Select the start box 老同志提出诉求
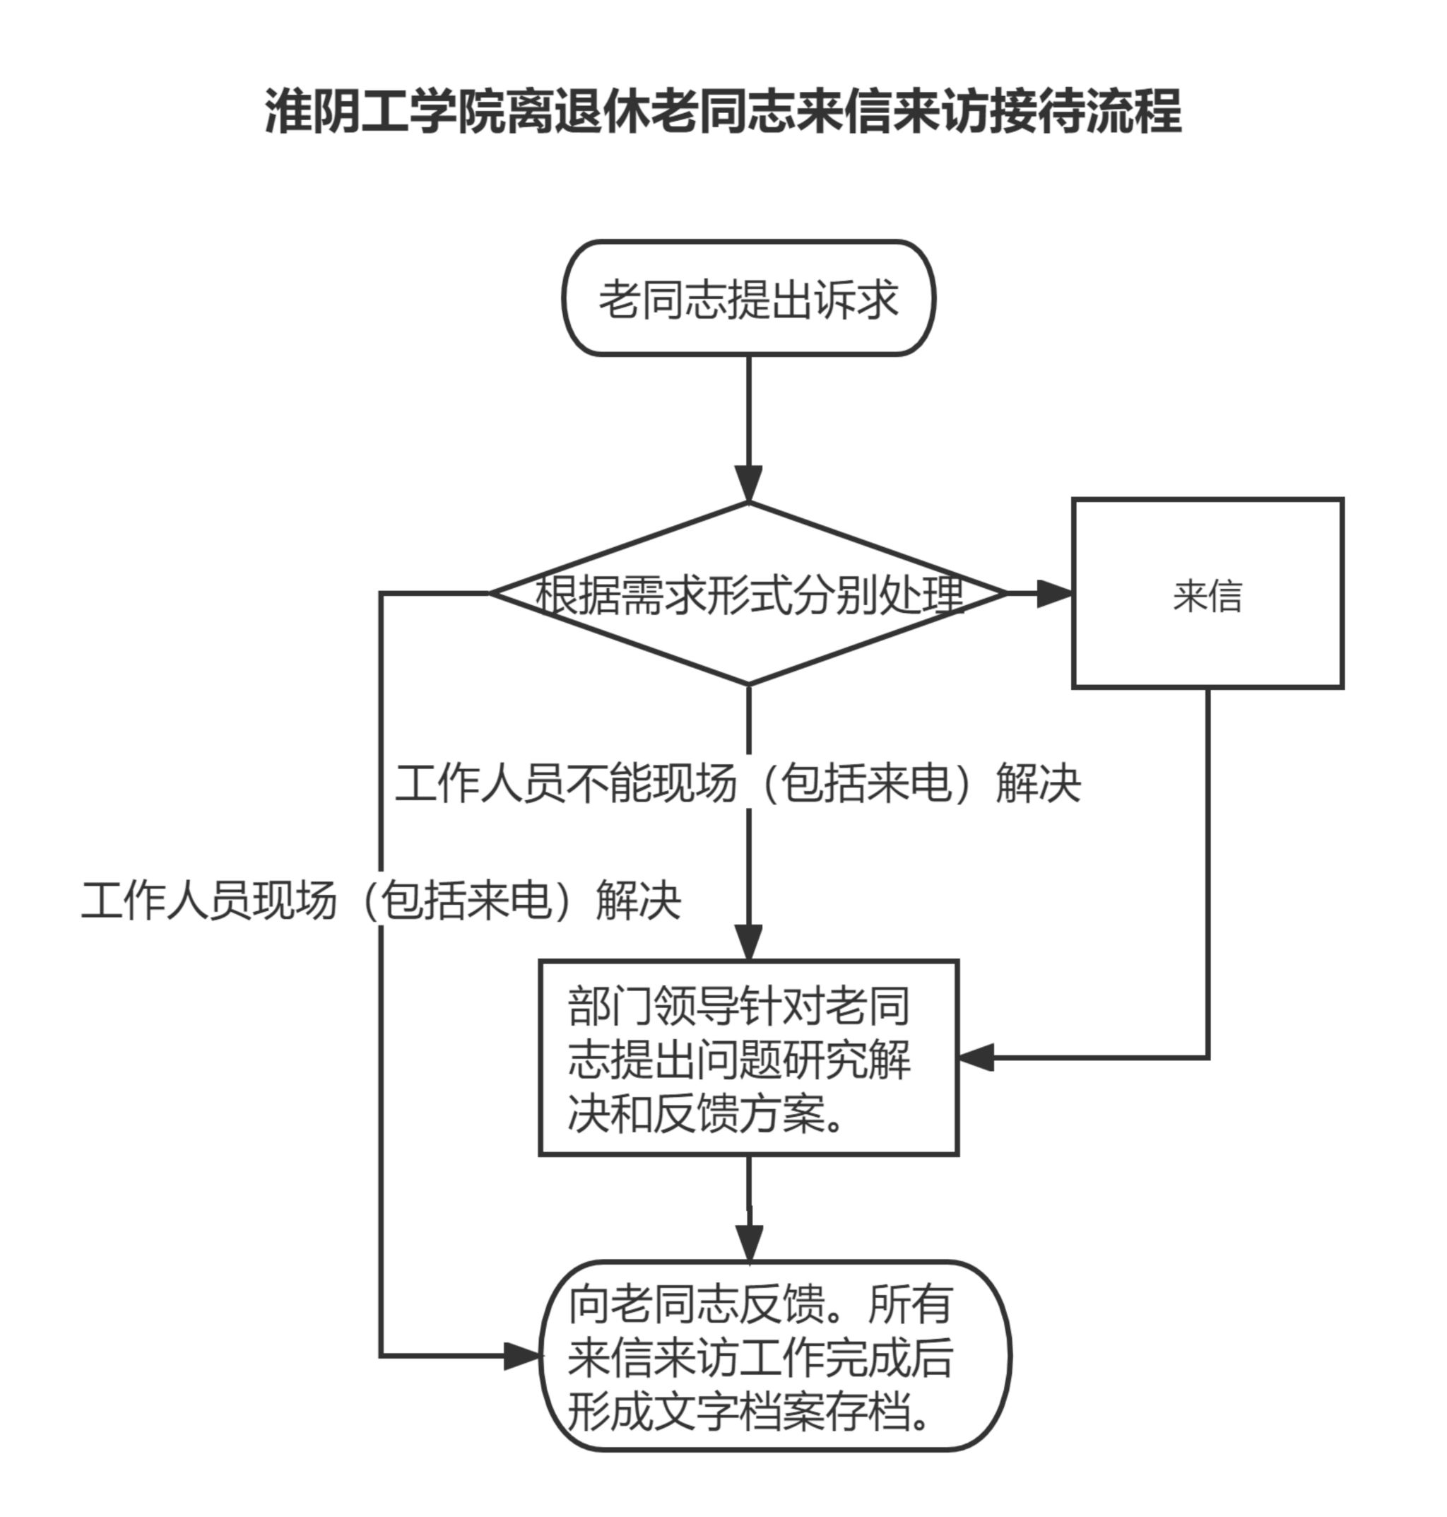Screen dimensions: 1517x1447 click(x=748, y=298)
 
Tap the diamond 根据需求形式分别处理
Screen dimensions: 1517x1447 click(x=748, y=593)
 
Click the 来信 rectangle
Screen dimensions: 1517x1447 click(x=1207, y=593)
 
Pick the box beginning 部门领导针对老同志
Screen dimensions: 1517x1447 click(x=748, y=1058)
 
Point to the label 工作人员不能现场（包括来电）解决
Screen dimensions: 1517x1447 click(x=738, y=783)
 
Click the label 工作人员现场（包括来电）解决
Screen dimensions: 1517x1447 click(x=381, y=900)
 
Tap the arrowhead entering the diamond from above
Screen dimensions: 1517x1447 click(x=748, y=484)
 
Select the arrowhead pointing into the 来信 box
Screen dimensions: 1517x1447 click(x=1054, y=593)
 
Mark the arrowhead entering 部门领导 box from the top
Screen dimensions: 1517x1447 click(x=748, y=942)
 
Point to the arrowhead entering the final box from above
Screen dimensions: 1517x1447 click(x=748, y=1243)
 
